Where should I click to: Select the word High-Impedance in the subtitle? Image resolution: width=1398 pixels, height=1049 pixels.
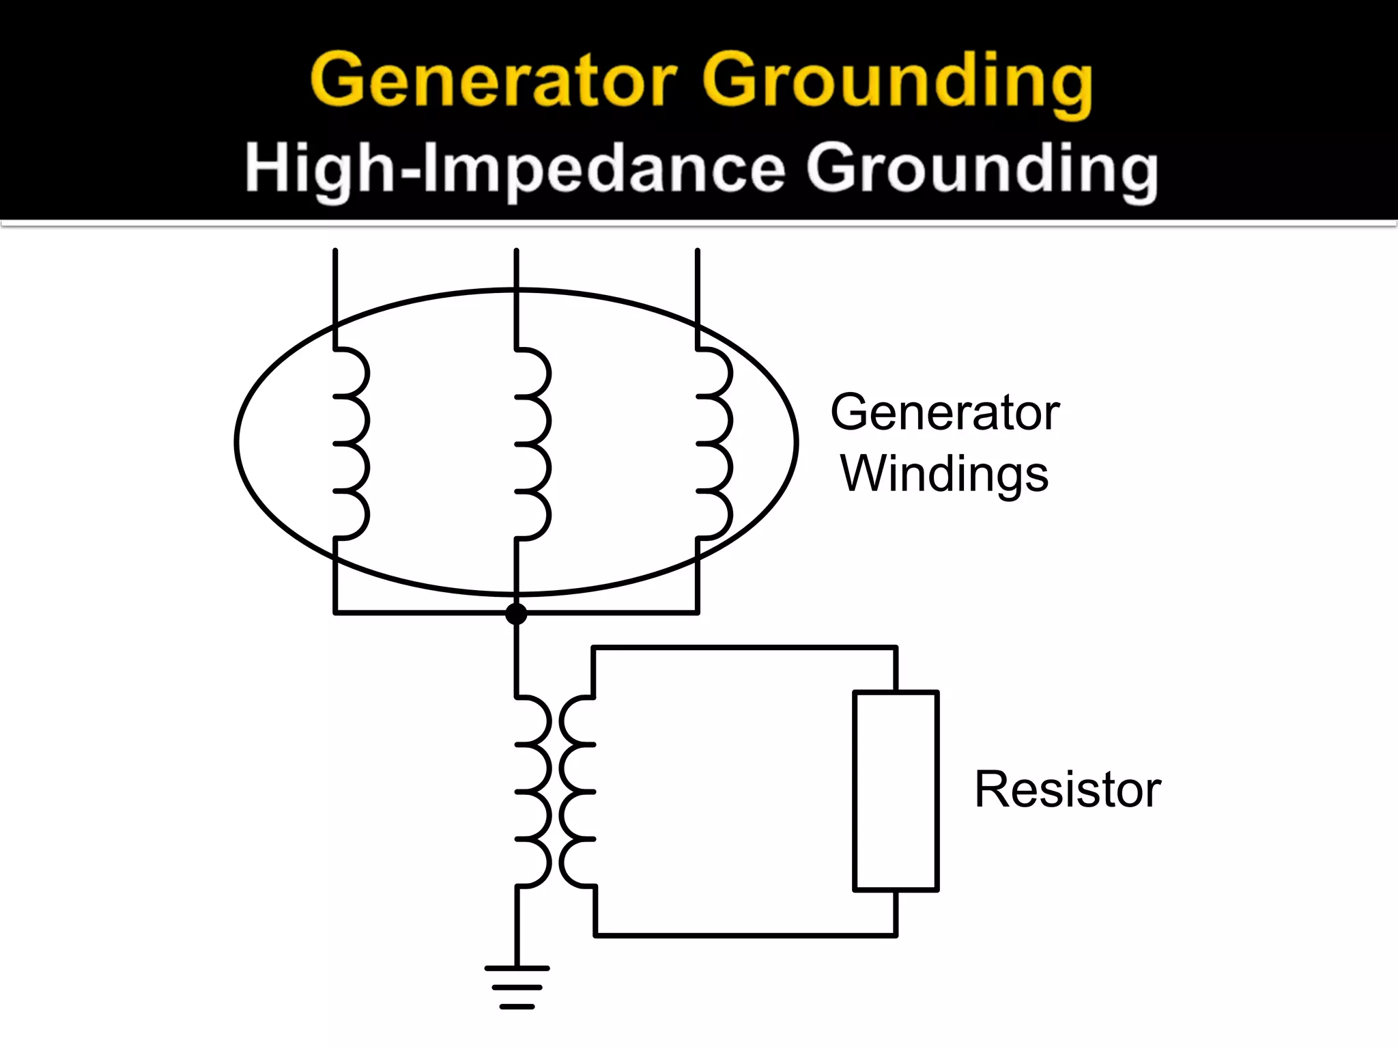pyautogui.click(x=515, y=169)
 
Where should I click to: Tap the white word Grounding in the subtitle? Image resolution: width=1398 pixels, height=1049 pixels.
pyautogui.click(x=982, y=171)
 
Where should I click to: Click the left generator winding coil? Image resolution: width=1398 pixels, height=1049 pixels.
pyautogui.click(x=352, y=444)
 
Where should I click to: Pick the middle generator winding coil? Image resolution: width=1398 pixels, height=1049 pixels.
pyautogui.click(x=533, y=444)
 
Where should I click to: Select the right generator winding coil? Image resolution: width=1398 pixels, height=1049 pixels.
pyautogui.click(x=715, y=444)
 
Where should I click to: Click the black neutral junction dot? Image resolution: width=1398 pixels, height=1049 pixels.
pyautogui.click(x=516, y=613)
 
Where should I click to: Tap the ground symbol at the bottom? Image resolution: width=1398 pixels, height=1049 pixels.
pyautogui.click(x=517, y=987)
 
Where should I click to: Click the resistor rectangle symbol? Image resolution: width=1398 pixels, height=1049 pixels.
pyautogui.click(x=896, y=791)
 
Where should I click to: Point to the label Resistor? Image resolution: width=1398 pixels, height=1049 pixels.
pyautogui.click(x=1067, y=789)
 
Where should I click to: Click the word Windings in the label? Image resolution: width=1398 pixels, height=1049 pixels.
pyautogui.click(x=944, y=475)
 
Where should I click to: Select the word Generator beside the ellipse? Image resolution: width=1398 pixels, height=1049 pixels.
pyautogui.click(x=944, y=412)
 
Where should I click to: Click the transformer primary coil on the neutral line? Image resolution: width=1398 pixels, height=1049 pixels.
pyautogui.click(x=532, y=792)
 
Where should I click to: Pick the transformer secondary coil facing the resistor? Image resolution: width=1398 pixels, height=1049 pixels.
pyautogui.click(x=577, y=792)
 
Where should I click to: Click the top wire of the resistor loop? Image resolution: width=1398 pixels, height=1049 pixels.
pyautogui.click(x=744, y=647)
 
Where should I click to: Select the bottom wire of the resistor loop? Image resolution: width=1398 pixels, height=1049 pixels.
pyautogui.click(x=744, y=935)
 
